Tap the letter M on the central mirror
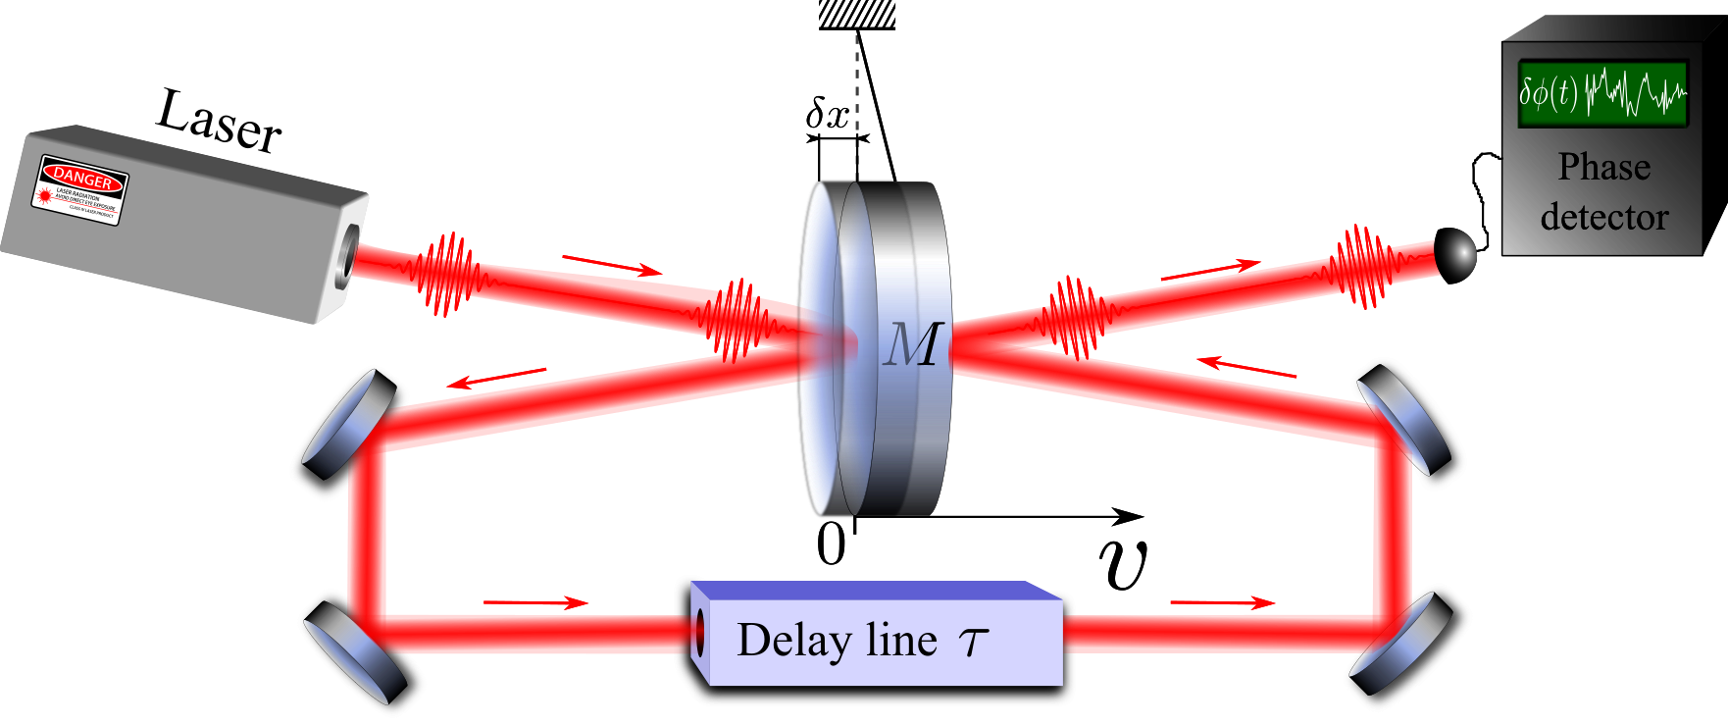tap(913, 345)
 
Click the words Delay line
tap(837, 641)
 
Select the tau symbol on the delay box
tap(973, 643)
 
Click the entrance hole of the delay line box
tap(698, 633)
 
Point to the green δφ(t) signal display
tap(1601, 95)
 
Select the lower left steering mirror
tap(355, 652)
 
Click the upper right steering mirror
tap(1403, 417)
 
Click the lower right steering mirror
tap(1400, 643)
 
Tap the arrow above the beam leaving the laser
tap(612, 265)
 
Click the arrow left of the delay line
tap(536, 602)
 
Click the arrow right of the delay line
tap(1223, 602)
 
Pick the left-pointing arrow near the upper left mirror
tap(496, 378)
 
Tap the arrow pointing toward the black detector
tap(1211, 271)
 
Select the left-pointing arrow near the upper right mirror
tap(1246, 368)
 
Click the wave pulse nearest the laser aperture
tap(446, 275)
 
